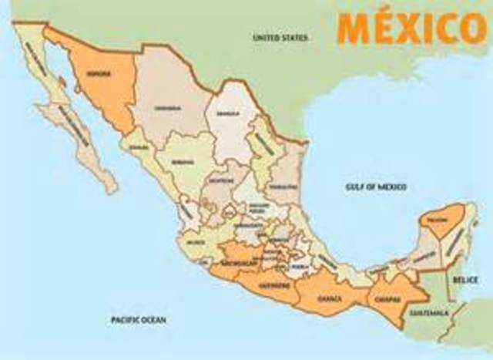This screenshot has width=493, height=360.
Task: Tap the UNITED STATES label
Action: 280,37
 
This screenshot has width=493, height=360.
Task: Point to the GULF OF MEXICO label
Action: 376,187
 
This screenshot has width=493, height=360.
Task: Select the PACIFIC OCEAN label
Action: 139,318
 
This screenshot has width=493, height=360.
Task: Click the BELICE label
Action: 465,279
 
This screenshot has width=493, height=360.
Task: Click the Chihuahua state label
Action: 167,107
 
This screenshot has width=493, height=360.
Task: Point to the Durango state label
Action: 183,163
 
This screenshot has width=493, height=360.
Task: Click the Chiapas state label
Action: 387,299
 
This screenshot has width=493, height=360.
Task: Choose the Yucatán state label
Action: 439,221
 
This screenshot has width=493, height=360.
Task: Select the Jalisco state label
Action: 196,241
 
